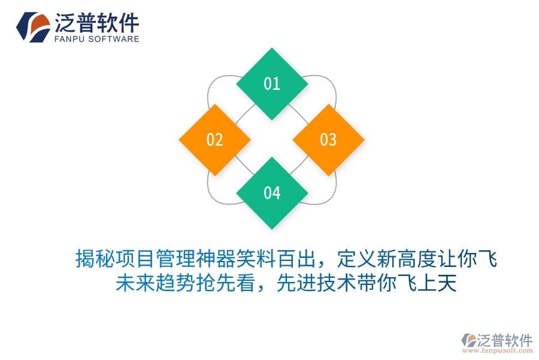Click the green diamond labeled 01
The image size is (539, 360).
tap(272, 83)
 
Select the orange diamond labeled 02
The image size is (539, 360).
tap(214, 140)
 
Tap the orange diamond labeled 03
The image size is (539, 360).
tap(328, 140)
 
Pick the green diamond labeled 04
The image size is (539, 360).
tap(272, 193)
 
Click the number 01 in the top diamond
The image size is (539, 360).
tap(272, 83)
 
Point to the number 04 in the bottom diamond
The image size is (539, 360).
tap(272, 193)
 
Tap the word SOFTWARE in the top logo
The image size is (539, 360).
tap(114, 40)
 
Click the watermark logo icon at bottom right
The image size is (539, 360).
tap(468, 341)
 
